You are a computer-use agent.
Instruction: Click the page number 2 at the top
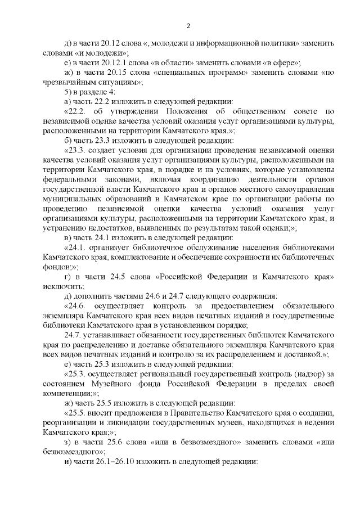tap(188, 25)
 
